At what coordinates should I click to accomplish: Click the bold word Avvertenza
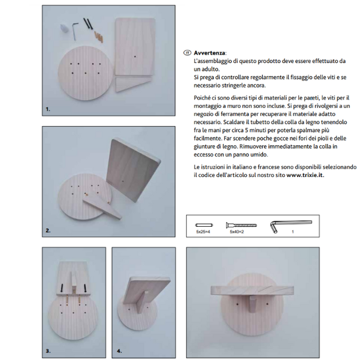[209, 53]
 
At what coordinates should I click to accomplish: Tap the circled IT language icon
[187, 53]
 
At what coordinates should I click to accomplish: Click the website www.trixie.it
[305, 175]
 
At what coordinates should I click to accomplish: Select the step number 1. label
[48, 109]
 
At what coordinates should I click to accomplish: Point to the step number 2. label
[48, 230]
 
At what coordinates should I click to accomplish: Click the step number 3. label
[48, 351]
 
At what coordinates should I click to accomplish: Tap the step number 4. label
[119, 351]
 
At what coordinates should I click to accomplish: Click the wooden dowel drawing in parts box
[204, 225]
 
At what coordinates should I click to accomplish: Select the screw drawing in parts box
[241, 225]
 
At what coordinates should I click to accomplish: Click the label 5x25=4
[203, 232]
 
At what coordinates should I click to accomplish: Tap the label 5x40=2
[237, 232]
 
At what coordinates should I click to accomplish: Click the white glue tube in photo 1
[64, 29]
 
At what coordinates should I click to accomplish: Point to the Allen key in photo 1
[74, 31]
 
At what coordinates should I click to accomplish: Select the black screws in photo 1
[88, 23]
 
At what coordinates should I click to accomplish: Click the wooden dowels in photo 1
[98, 37]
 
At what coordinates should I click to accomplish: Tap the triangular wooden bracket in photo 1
[133, 84]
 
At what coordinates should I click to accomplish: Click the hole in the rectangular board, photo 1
[135, 56]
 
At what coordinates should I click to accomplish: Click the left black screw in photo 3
[62, 288]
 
